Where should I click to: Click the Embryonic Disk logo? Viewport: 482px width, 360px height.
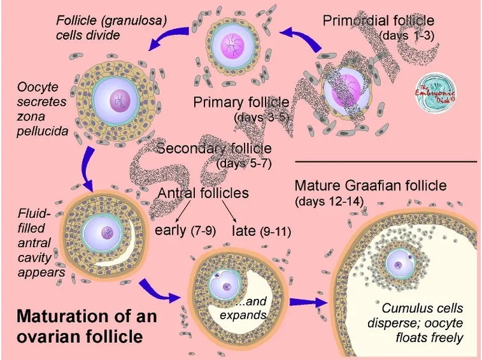436,92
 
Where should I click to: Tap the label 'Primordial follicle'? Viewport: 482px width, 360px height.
378,21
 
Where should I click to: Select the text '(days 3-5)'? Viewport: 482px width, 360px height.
262,117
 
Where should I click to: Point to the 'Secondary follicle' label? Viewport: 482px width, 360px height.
214,148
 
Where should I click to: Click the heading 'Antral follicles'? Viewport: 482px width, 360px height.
203,193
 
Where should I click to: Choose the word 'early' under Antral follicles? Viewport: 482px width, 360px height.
170,230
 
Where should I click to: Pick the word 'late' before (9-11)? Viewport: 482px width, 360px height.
244,231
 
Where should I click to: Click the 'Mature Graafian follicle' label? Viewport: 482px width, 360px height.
371,186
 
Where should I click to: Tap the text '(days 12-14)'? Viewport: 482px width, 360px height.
329,201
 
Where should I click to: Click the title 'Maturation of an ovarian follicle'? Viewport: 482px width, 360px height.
87,326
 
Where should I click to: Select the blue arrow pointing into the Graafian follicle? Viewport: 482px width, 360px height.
308,302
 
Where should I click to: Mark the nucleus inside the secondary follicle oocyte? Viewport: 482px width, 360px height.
120,101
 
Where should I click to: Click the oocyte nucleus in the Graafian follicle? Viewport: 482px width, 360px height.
399,264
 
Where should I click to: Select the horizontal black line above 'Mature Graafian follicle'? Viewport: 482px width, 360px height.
386,161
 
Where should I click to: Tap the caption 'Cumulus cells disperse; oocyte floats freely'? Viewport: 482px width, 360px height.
415,323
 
